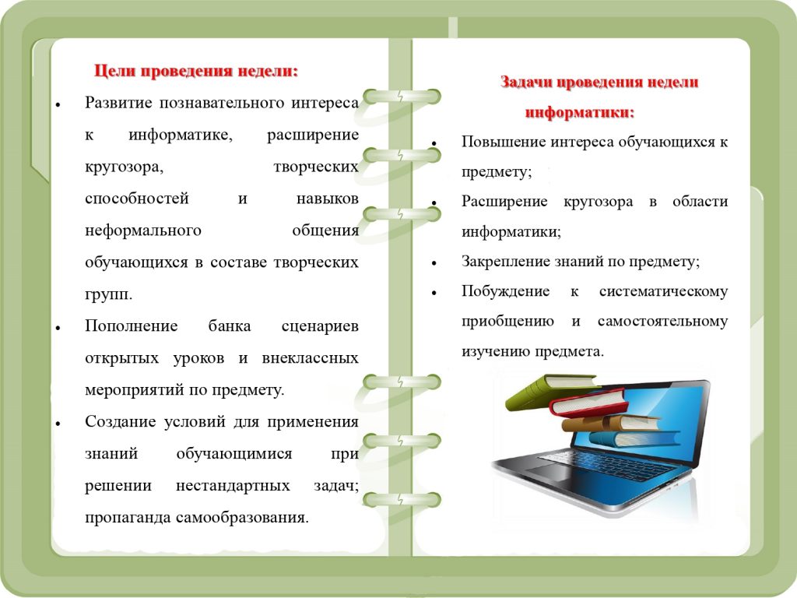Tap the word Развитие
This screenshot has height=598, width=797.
click(119, 104)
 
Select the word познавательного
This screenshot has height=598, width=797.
click(222, 104)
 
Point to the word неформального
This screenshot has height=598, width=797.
click(143, 231)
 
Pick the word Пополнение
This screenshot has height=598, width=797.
click(131, 326)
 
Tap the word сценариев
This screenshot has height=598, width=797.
click(320, 327)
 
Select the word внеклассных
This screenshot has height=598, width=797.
click(310, 358)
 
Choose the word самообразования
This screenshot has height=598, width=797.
click(242, 518)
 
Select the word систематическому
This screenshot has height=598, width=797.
click(663, 292)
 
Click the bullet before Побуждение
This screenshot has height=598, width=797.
click(434, 293)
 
